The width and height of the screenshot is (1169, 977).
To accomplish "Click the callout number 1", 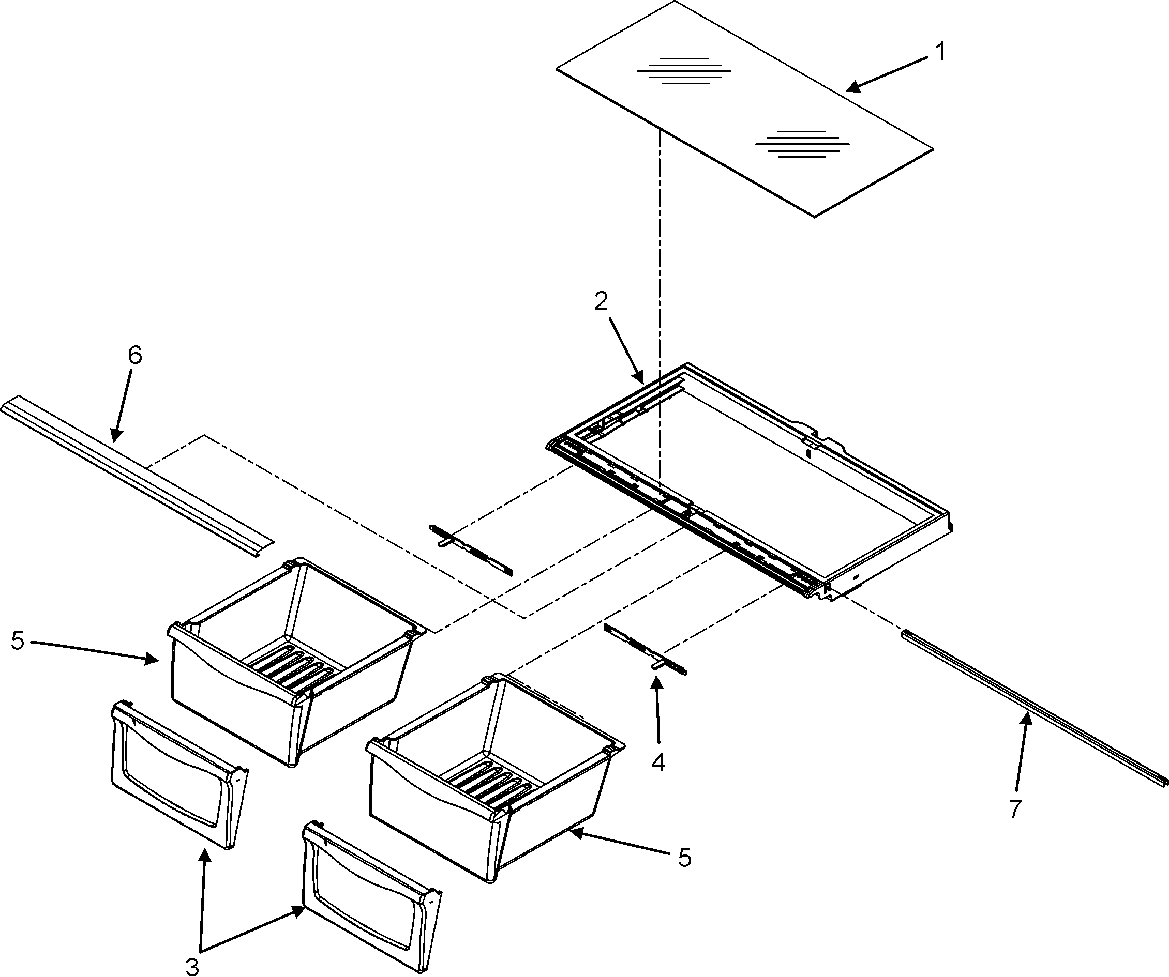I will coord(940,52).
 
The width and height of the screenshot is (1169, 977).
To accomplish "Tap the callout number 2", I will coord(601,301).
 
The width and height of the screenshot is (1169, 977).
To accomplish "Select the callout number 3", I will coord(192,968).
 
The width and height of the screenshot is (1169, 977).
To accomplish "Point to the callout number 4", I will coord(658,763).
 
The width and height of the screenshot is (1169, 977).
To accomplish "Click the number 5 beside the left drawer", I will coord(17,641).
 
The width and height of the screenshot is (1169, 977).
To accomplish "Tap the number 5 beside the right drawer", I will coord(685,858).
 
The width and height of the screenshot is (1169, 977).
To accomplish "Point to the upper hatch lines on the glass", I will coord(684,71).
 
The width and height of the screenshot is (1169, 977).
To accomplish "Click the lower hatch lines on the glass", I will coord(802,144).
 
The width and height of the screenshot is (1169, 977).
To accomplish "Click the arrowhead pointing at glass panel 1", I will coord(852,87).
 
